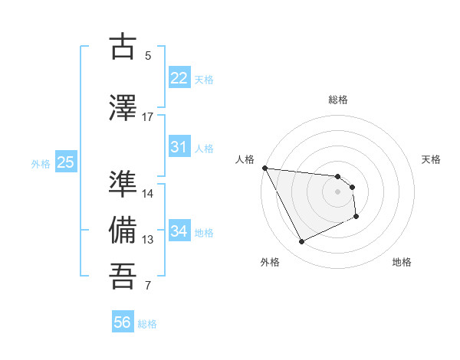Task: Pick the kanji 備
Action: click(x=123, y=230)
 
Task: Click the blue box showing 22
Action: click(x=179, y=78)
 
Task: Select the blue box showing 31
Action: click(x=179, y=147)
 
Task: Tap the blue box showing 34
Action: click(x=179, y=231)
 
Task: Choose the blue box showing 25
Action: click(x=65, y=162)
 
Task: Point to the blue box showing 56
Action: click(x=123, y=322)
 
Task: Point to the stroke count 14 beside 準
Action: click(x=148, y=194)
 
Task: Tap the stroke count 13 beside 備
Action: click(x=148, y=240)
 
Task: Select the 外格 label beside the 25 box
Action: click(x=41, y=163)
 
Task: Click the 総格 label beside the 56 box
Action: click(x=147, y=324)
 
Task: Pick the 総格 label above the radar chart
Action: click(x=338, y=100)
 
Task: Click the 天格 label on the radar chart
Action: click(x=432, y=159)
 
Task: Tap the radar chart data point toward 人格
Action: click(x=264, y=168)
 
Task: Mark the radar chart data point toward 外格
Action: click(x=301, y=242)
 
